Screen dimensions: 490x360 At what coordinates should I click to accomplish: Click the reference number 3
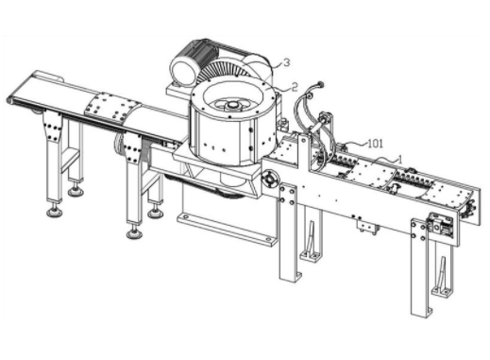[x=286, y=62]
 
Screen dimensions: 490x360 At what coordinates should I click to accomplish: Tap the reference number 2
[x=295, y=87]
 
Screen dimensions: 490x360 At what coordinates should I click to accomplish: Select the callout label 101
[x=376, y=144]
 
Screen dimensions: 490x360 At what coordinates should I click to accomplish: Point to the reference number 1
[x=400, y=159]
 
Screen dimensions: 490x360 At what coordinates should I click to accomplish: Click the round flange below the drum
[x=270, y=180]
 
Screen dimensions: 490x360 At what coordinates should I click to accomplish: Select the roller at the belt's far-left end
[x=10, y=100]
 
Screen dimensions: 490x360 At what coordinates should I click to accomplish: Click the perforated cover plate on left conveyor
[x=112, y=107]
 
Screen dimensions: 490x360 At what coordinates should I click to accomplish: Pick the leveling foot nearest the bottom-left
[x=55, y=212]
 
